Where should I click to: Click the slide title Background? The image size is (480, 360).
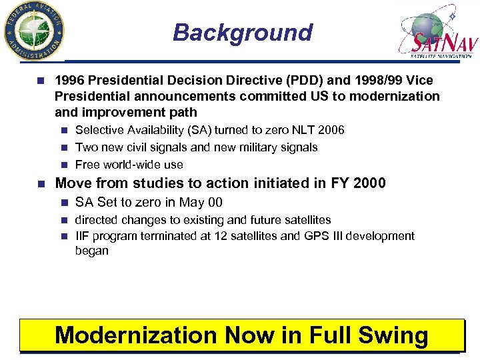coord(242,32)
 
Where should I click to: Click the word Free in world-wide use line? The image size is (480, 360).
coord(87,165)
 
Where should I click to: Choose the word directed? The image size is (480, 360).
coord(98,219)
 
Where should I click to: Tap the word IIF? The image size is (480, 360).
coord(83,236)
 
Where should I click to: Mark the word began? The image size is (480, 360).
coord(92,251)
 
